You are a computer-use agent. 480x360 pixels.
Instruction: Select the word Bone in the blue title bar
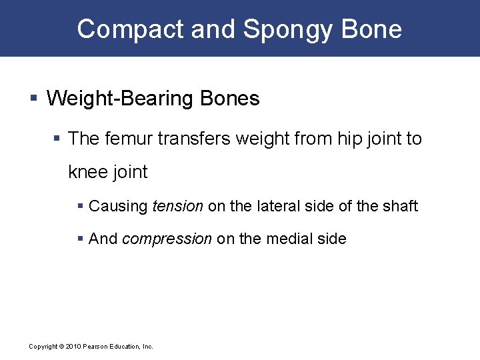click(374, 29)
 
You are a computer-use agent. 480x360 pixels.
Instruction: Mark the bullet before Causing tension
click(81, 207)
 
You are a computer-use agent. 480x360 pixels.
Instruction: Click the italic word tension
click(177, 207)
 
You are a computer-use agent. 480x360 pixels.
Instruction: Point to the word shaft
click(399, 207)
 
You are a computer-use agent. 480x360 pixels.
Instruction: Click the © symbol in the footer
click(61, 347)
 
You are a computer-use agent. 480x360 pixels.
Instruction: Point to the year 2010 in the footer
click(72, 347)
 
